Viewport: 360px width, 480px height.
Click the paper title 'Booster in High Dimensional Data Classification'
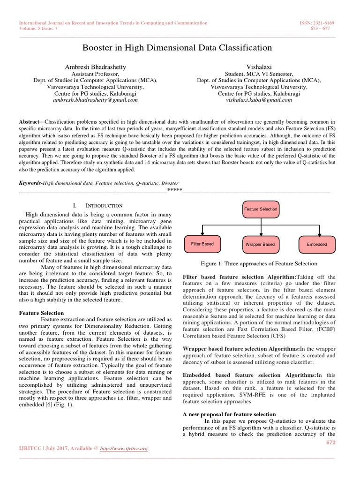177,47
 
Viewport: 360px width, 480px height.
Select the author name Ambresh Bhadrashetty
95,67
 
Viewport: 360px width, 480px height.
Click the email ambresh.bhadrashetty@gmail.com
95,100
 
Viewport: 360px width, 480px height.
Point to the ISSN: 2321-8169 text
323,23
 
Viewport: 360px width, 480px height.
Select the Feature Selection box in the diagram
260,209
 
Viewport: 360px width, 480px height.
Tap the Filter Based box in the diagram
202,244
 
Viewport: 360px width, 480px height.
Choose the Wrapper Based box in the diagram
260,244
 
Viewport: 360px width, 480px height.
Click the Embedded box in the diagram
317,244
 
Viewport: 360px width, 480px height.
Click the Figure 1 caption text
258,263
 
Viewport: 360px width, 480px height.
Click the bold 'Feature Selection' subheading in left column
41,313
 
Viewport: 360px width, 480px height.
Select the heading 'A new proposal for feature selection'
229,414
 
